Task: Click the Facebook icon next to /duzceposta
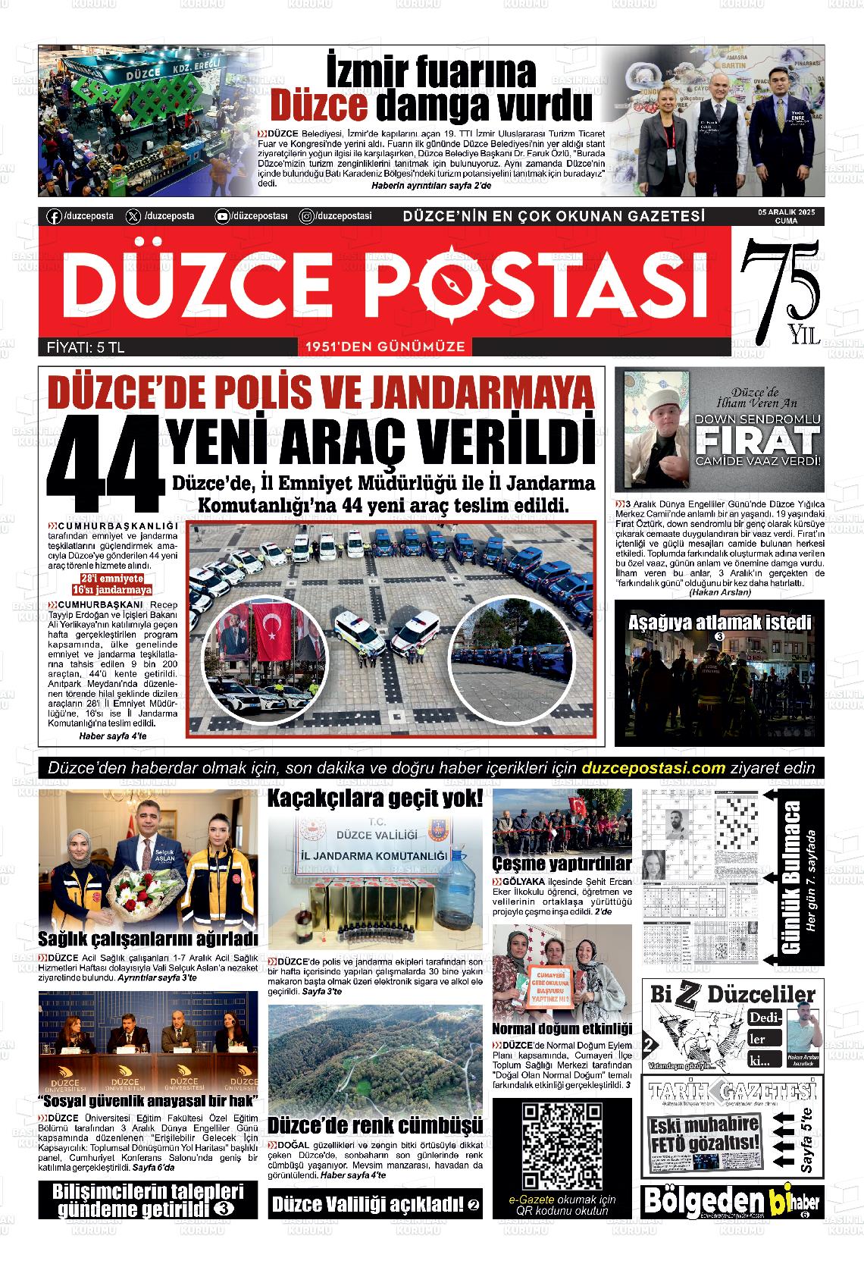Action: pyautogui.click(x=54, y=216)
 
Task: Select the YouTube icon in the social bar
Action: pyautogui.click(x=222, y=216)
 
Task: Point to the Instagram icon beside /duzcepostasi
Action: pyautogui.click(x=306, y=216)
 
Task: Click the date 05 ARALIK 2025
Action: pyautogui.click(x=786, y=212)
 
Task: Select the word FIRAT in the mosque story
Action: pyautogui.click(x=758, y=440)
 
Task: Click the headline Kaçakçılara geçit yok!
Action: pyautogui.click(x=375, y=798)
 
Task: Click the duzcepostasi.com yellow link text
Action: pyautogui.click(x=654, y=768)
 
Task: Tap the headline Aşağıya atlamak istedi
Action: pyautogui.click(x=719, y=623)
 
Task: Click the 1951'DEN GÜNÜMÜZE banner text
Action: pyautogui.click(x=384, y=347)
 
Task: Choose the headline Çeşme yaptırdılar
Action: pyautogui.click(x=562, y=864)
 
